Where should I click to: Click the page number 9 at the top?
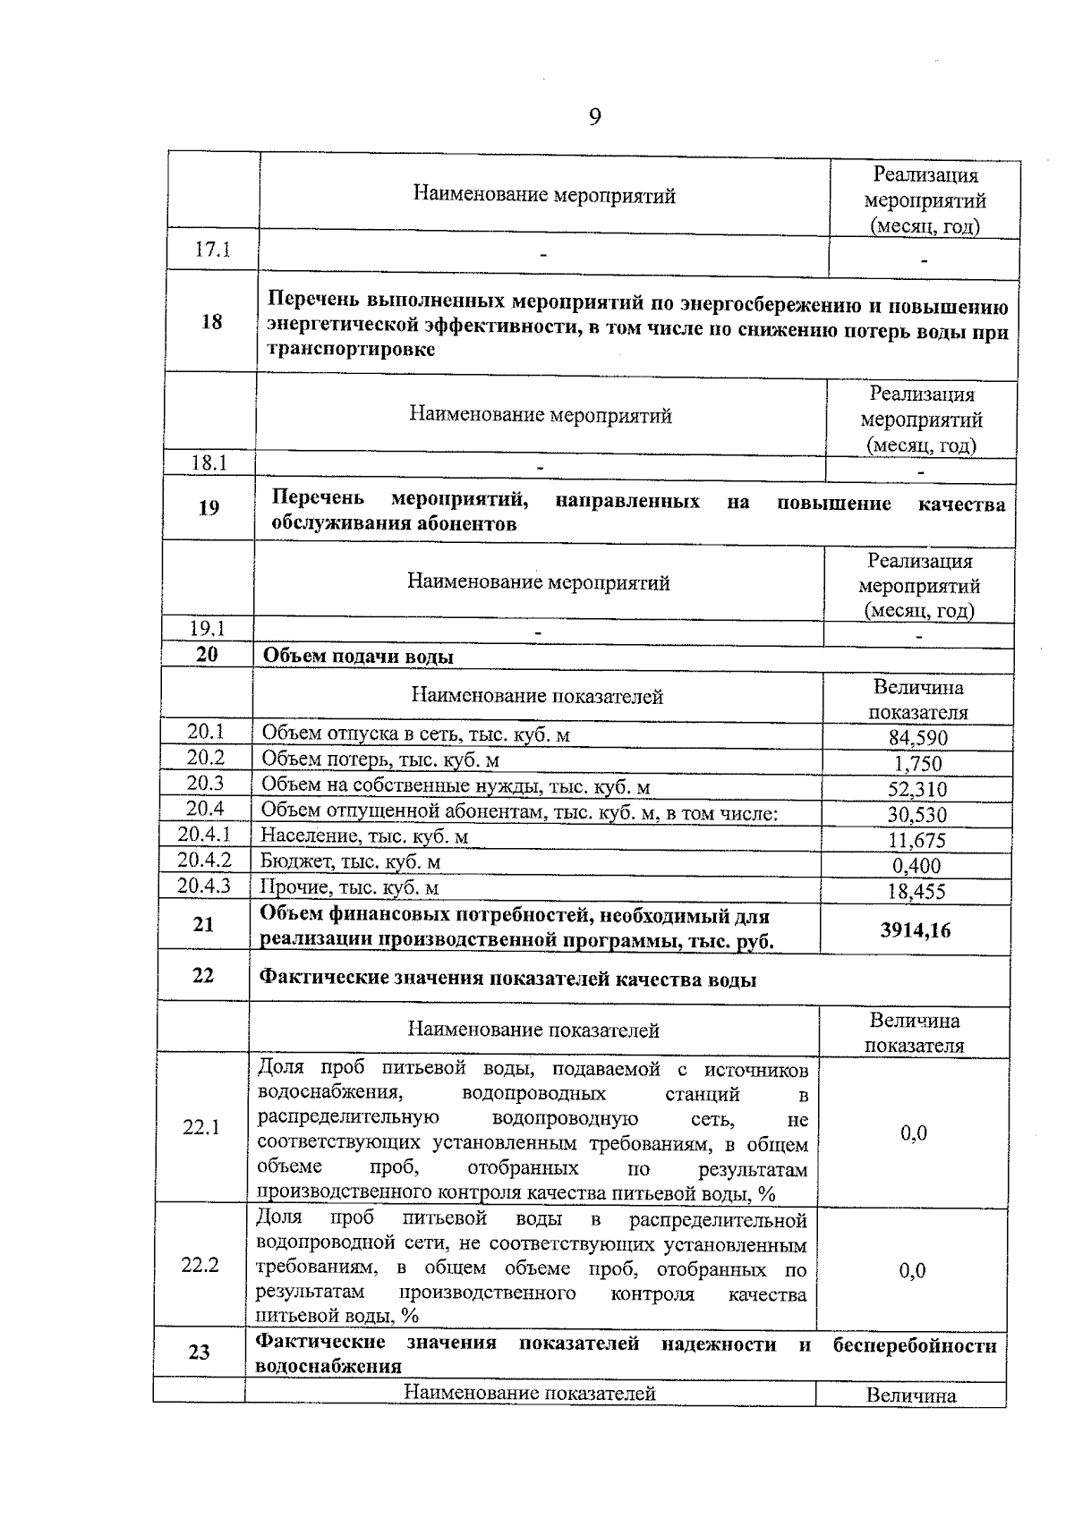pyautogui.click(x=595, y=117)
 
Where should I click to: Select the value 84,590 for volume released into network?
pyautogui.click(x=917, y=738)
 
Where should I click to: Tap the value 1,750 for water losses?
pyautogui.click(x=917, y=764)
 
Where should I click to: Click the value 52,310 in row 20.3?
pyautogui.click(x=917, y=789)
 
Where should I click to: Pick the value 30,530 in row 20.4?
pyautogui.click(x=917, y=815)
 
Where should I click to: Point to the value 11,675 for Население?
pyautogui.click(x=917, y=840)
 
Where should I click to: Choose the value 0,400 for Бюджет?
pyautogui.click(x=917, y=866)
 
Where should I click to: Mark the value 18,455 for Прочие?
pyautogui.click(x=917, y=891)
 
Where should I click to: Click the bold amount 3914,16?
pyautogui.click(x=915, y=930)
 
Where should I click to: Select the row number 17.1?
pyautogui.click(x=213, y=250)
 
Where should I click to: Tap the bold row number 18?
pyautogui.click(x=211, y=322)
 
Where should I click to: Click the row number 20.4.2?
pyautogui.click(x=204, y=861)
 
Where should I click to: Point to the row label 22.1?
pyautogui.click(x=201, y=1128)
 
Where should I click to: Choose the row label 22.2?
pyautogui.click(x=200, y=1266)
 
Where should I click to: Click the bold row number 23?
pyautogui.click(x=199, y=1352)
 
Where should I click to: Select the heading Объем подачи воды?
pyautogui.click(x=357, y=657)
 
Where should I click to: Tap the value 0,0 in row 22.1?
pyautogui.click(x=914, y=1133)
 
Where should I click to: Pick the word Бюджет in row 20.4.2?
pyautogui.click(x=287, y=861)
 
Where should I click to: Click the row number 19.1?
pyautogui.click(x=208, y=629)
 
